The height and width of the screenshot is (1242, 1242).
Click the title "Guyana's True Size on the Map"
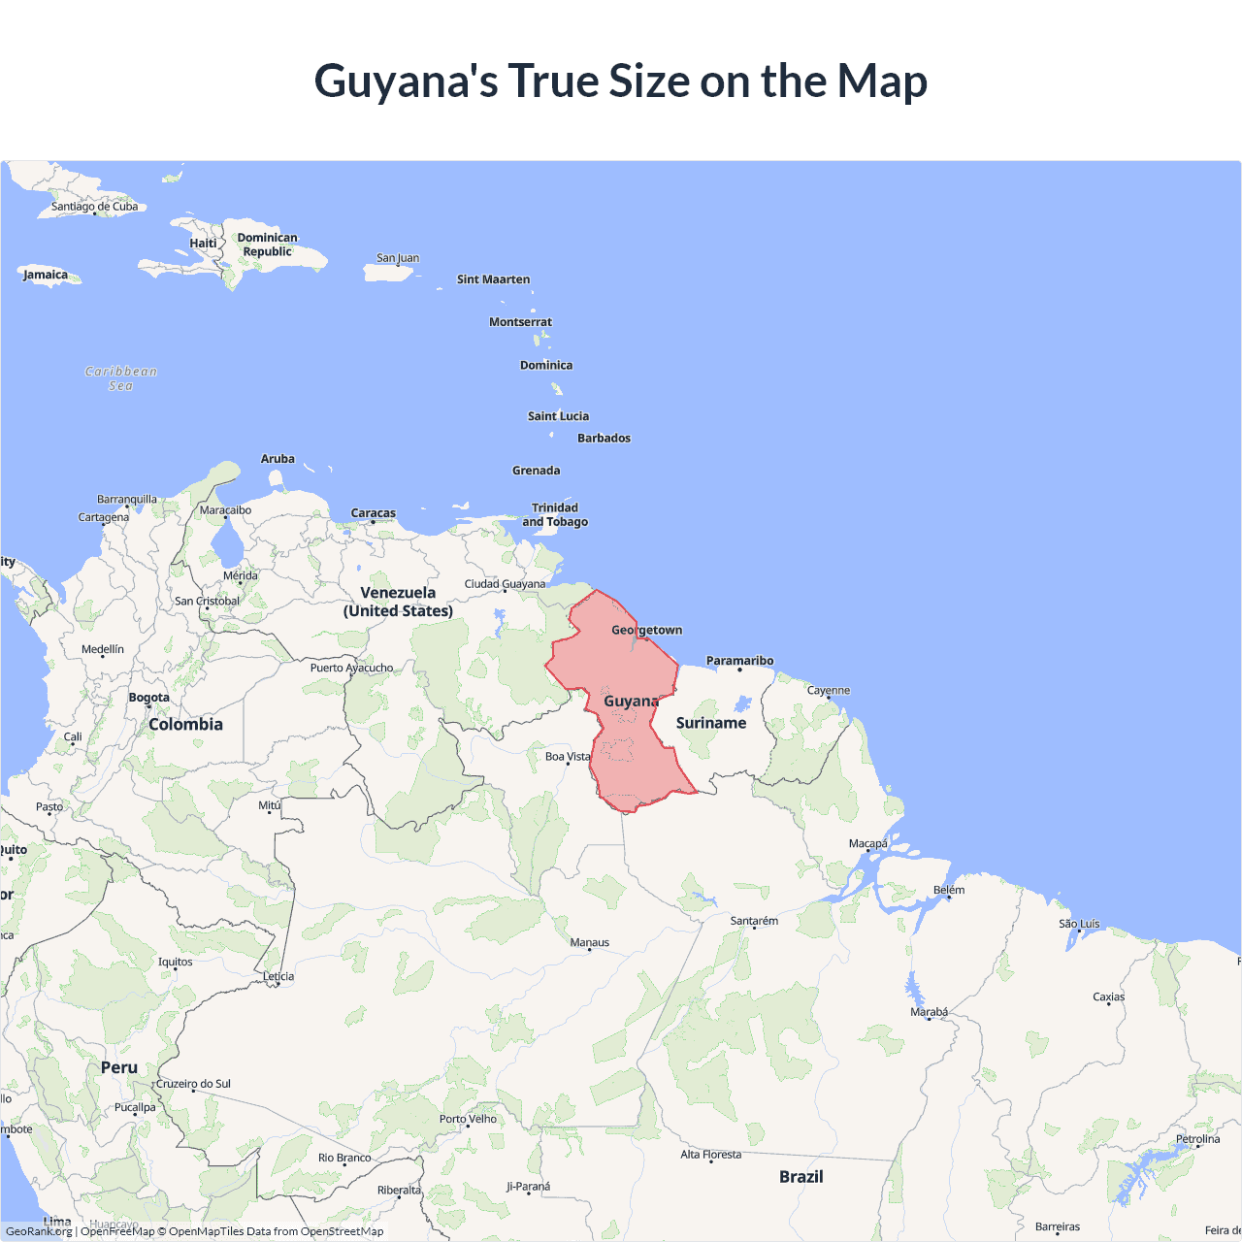point(621,81)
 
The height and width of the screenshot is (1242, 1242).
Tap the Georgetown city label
point(646,630)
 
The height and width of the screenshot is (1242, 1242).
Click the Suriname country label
point(711,723)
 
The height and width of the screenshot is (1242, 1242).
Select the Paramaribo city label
point(739,661)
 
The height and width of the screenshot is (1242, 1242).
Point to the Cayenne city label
point(829,691)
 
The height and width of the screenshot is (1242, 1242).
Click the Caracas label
point(374,513)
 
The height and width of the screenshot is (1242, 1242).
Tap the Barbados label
point(604,439)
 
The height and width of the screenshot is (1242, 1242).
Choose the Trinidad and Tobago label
point(555,515)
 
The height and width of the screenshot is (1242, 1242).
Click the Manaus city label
point(590,942)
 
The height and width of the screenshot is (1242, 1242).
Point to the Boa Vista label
point(568,757)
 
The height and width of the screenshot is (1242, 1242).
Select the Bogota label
point(149,698)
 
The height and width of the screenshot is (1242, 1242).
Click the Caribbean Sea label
point(121,378)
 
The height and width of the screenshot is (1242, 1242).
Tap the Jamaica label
point(46,275)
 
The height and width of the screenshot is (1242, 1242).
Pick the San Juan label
point(398,258)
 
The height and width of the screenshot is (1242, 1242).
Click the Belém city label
point(949,890)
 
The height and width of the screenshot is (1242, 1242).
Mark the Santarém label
point(754,921)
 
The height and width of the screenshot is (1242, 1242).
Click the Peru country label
point(119,1067)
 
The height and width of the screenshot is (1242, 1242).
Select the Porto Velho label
point(468,1119)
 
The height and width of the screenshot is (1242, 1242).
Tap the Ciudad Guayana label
point(505,584)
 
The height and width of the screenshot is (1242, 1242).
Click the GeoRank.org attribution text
point(39,1231)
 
